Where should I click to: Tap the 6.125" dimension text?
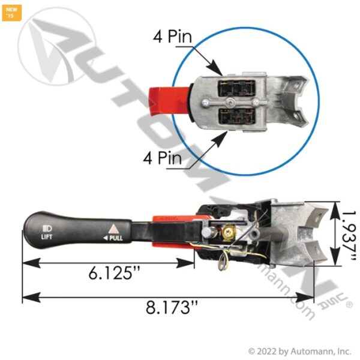pyautogui.click(x=112, y=273)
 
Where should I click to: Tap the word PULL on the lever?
pyautogui.click(x=116, y=238)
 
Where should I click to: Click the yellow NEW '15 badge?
pyautogui.click(x=11, y=11)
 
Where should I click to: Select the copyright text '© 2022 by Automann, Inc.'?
pyautogui.click(x=299, y=351)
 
